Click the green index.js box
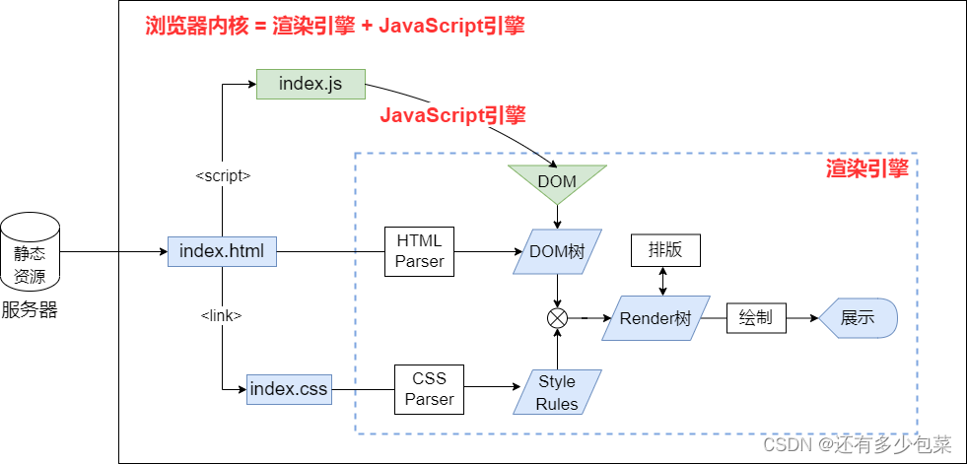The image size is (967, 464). coord(311,84)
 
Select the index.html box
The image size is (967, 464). coord(222,251)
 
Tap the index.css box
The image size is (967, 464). coord(288,389)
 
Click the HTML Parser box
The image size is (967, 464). coord(420,251)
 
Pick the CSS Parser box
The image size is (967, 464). coord(429,389)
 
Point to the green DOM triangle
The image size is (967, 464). coord(557,180)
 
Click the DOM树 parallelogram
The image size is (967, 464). coord(557,252)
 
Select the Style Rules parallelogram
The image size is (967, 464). coord(557,391)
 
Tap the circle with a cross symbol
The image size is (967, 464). coord(558,318)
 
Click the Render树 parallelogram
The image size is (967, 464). coord(656,318)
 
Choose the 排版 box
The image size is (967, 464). coord(664,250)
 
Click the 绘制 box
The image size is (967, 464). coord(755,318)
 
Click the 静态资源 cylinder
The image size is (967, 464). coord(30,252)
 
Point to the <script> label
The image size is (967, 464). coord(223,175)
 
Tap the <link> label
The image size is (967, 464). coord(222,315)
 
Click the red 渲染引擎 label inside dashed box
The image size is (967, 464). coord(866,169)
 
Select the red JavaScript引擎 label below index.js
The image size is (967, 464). coord(452,115)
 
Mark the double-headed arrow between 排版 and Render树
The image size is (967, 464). coord(664,281)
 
